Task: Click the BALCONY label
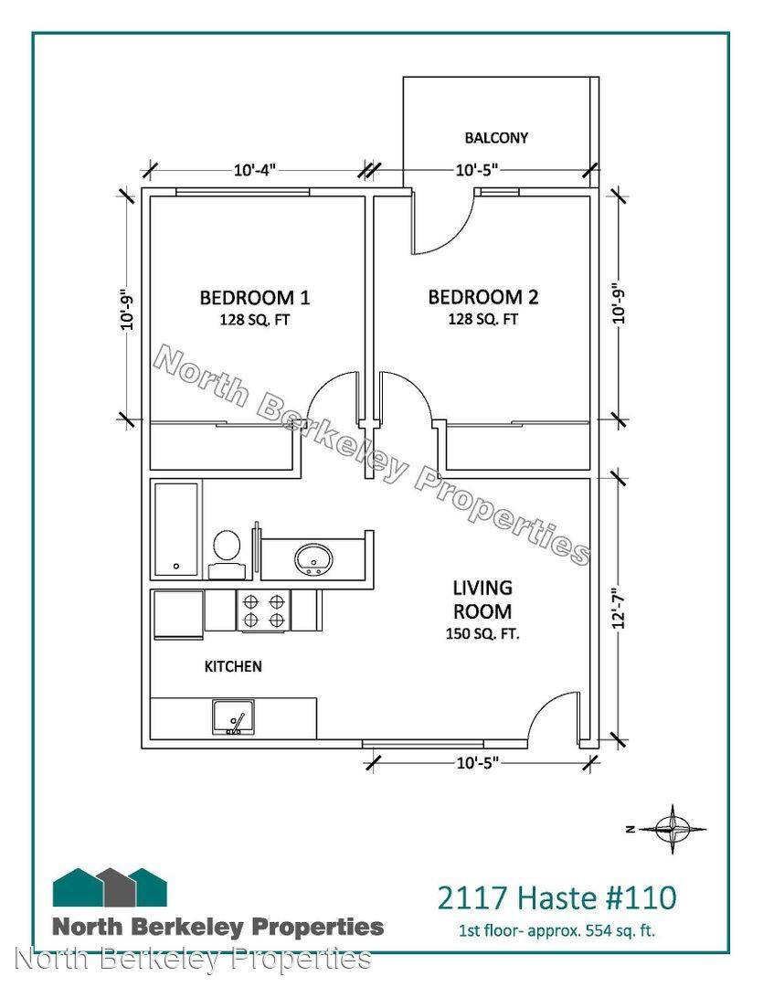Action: [x=496, y=137]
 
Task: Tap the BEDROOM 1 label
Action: [x=254, y=297]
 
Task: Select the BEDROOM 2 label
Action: [x=482, y=296]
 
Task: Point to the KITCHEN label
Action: [x=233, y=666]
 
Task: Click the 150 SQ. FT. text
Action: [x=482, y=634]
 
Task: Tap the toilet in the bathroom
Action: [x=227, y=553]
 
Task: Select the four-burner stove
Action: [x=263, y=610]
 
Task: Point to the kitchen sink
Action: [x=233, y=717]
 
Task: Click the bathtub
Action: [x=176, y=529]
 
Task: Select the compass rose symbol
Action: [x=672, y=829]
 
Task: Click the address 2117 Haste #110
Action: [x=556, y=897]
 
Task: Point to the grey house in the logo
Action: [x=117, y=887]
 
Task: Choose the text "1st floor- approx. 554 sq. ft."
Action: [x=556, y=931]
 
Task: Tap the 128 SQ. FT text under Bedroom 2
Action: [x=482, y=320]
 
